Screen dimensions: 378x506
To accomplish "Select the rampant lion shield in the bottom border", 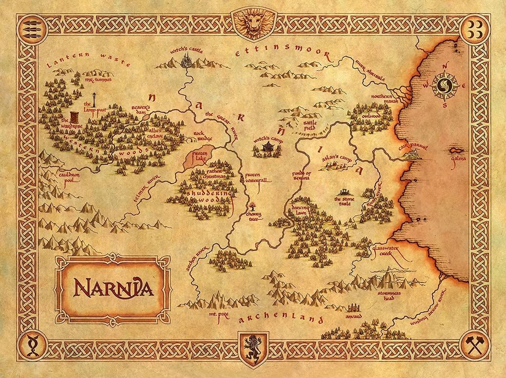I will (252, 349).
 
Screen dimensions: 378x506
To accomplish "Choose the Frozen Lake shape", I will (199, 157).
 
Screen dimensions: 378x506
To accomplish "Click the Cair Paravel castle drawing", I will (413, 154).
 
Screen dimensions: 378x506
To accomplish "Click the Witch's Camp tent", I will (267, 147).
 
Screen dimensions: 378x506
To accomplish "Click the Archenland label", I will (281, 319).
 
